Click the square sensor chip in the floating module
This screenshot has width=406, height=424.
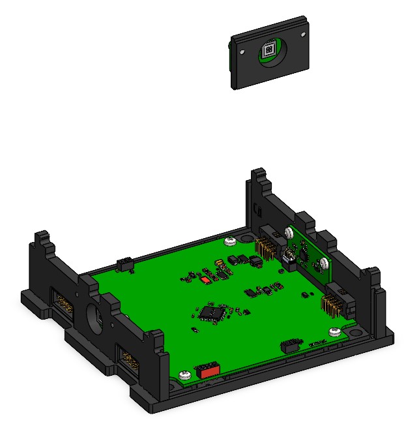coord(268,51)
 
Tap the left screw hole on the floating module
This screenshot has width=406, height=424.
coord(242,52)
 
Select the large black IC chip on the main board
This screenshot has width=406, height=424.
coord(210,312)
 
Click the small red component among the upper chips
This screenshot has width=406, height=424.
coord(206,279)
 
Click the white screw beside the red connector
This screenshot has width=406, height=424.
coord(184,375)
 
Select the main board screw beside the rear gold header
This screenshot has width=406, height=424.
coord(230,241)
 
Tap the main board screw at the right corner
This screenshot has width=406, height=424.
coord(335,331)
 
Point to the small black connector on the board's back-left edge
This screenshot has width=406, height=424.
coord(124,264)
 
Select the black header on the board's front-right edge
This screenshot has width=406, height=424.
coord(291,345)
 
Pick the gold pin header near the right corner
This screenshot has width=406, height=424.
coord(331,304)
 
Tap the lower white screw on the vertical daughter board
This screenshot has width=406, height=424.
coord(322,264)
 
